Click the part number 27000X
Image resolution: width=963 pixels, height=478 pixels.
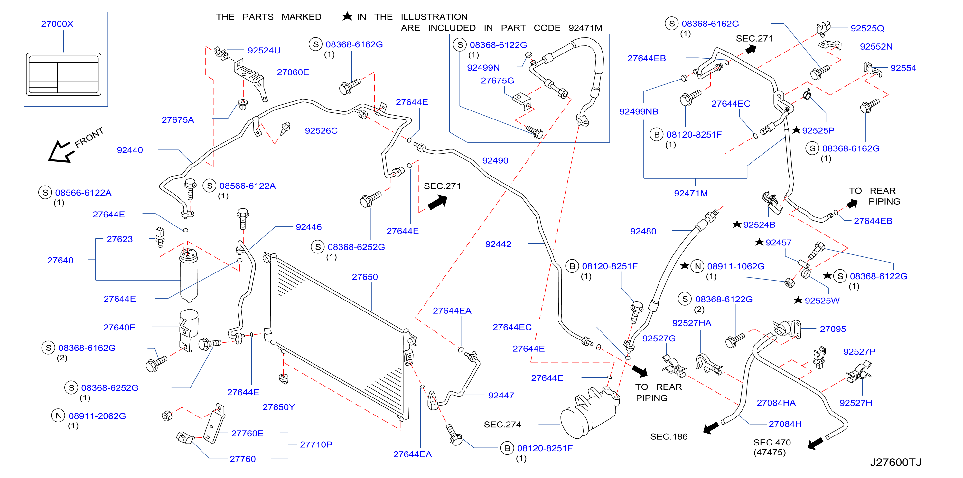(x=57, y=24)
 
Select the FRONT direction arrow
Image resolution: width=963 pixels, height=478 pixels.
(x=60, y=151)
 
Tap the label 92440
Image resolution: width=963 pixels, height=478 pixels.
(x=130, y=150)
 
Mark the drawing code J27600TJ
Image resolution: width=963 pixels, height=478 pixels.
(x=895, y=462)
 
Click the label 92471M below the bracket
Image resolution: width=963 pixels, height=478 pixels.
(x=691, y=193)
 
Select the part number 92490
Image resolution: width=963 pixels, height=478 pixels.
(x=495, y=160)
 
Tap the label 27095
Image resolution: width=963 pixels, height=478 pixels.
(x=833, y=329)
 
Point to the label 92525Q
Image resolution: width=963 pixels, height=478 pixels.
(x=867, y=28)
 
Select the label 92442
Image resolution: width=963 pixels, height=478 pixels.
(x=498, y=244)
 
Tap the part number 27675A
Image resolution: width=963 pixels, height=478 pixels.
(x=178, y=120)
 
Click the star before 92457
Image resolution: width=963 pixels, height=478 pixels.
(x=759, y=242)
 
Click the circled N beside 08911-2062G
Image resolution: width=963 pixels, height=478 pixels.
(x=58, y=416)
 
